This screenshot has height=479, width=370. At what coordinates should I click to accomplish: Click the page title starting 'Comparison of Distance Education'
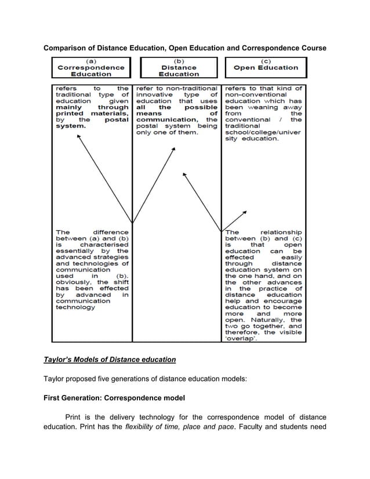click(185, 47)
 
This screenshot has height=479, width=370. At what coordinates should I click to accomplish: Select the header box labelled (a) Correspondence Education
click(91, 68)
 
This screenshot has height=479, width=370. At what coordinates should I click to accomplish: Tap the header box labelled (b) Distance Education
click(179, 68)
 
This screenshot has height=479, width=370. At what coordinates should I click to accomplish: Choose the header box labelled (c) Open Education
click(265, 67)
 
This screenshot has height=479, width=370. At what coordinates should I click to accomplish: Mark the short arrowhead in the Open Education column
click(245, 213)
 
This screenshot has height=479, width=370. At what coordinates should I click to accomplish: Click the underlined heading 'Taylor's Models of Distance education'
click(110, 360)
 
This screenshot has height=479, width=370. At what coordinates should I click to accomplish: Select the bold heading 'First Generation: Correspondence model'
click(114, 398)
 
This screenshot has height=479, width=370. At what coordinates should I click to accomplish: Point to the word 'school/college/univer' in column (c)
click(263, 133)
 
